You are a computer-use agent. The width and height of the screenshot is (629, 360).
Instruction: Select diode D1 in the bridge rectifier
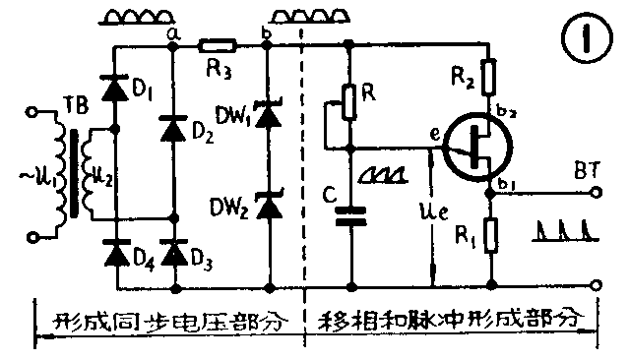(x=117, y=92)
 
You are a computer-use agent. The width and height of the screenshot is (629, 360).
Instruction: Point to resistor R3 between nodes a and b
(x=216, y=45)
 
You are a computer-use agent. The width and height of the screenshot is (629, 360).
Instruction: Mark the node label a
(x=174, y=31)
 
